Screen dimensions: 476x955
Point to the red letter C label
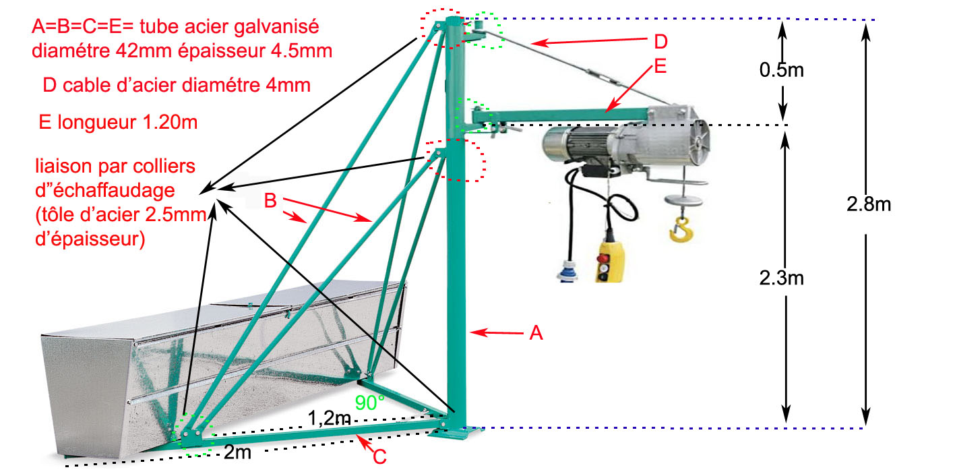[379, 456]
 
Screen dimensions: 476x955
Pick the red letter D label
[660, 42]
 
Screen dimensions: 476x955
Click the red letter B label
[270, 200]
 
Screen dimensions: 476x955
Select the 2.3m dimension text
[782, 277]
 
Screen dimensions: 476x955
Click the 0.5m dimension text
[782, 70]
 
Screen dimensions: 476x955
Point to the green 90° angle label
[370, 403]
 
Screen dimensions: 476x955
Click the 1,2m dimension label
[330, 418]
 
